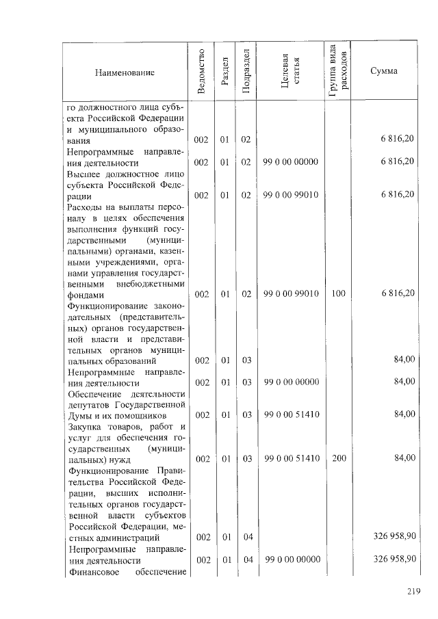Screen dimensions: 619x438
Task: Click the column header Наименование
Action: coord(125,72)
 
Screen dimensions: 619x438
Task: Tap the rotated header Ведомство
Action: coord(201,72)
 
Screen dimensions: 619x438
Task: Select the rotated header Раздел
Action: coord(224,72)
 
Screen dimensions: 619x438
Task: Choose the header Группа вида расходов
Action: coord(338,72)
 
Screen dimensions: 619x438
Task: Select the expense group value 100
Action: coord(338,294)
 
